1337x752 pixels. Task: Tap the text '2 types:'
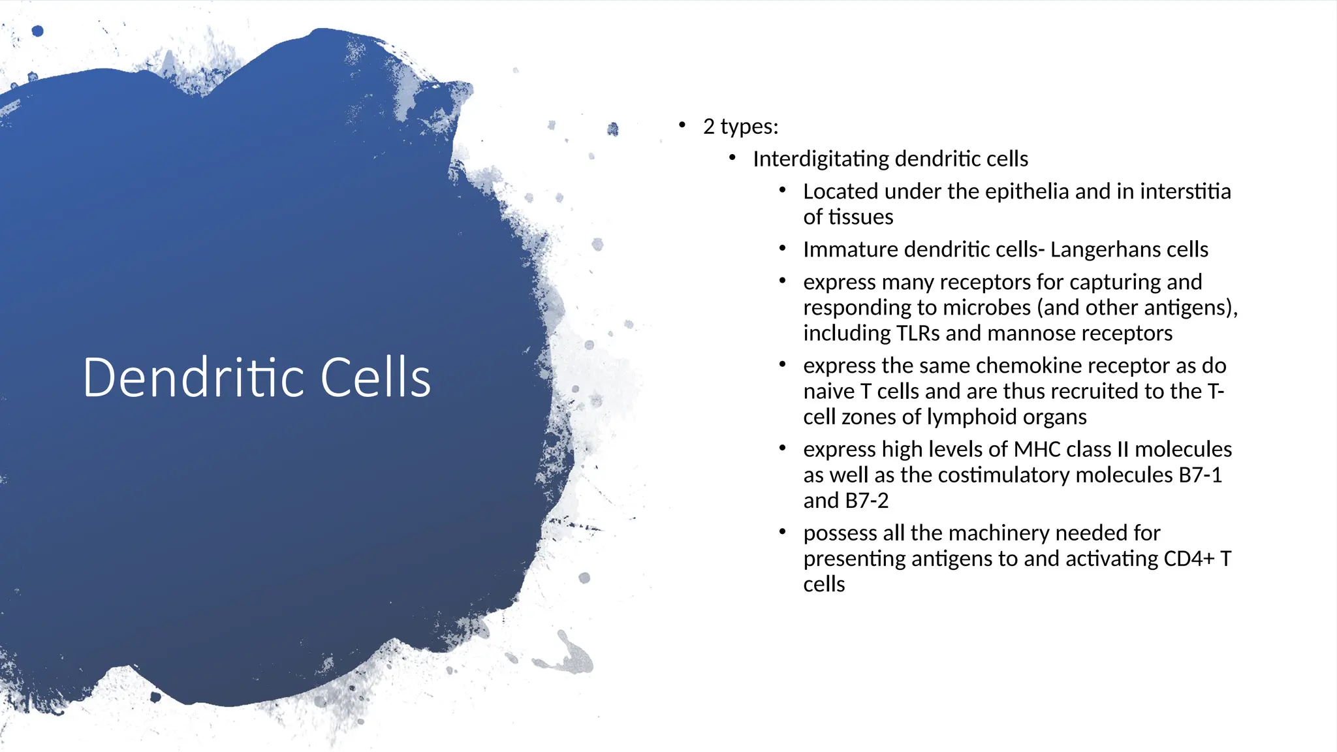pyautogui.click(x=740, y=126)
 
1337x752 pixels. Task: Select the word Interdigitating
pyautogui.click(x=821, y=159)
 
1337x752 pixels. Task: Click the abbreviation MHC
pyautogui.click(x=1037, y=449)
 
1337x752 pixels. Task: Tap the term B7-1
pyautogui.click(x=1200, y=475)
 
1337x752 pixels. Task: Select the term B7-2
pyautogui.click(x=866, y=501)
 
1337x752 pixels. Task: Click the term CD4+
pyautogui.click(x=1182, y=559)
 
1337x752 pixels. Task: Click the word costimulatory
pyautogui.click(x=1004, y=475)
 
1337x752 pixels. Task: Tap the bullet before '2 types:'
pyautogui.click(x=682, y=125)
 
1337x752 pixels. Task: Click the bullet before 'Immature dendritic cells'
pyautogui.click(x=782, y=248)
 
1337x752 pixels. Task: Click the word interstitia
pyautogui.click(x=1185, y=191)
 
